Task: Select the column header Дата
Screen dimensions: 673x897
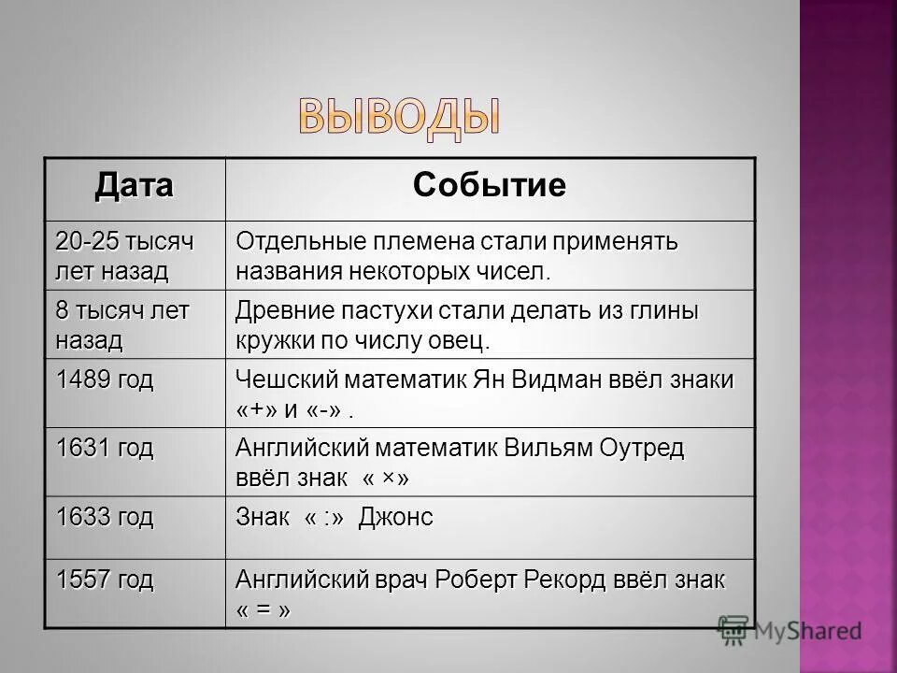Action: [134, 185]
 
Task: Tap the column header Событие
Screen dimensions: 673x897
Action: [489, 185]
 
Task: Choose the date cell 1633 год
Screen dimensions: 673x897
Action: [103, 517]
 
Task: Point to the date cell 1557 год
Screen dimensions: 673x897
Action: [103, 580]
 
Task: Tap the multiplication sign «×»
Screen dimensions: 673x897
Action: [388, 479]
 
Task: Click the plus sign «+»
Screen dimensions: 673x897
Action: [260, 410]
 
